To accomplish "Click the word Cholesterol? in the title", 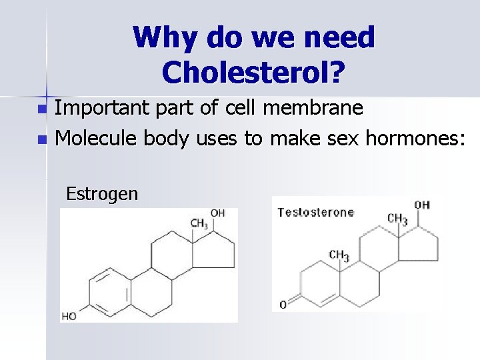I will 253,72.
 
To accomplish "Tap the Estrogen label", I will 102,194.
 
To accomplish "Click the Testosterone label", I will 315,213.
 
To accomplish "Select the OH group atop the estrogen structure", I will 218,213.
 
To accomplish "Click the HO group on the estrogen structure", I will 69,316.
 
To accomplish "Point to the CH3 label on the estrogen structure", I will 199,223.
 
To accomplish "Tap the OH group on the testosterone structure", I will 422,205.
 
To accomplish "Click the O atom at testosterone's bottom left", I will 283,305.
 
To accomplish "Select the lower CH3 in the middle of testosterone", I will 339,255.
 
